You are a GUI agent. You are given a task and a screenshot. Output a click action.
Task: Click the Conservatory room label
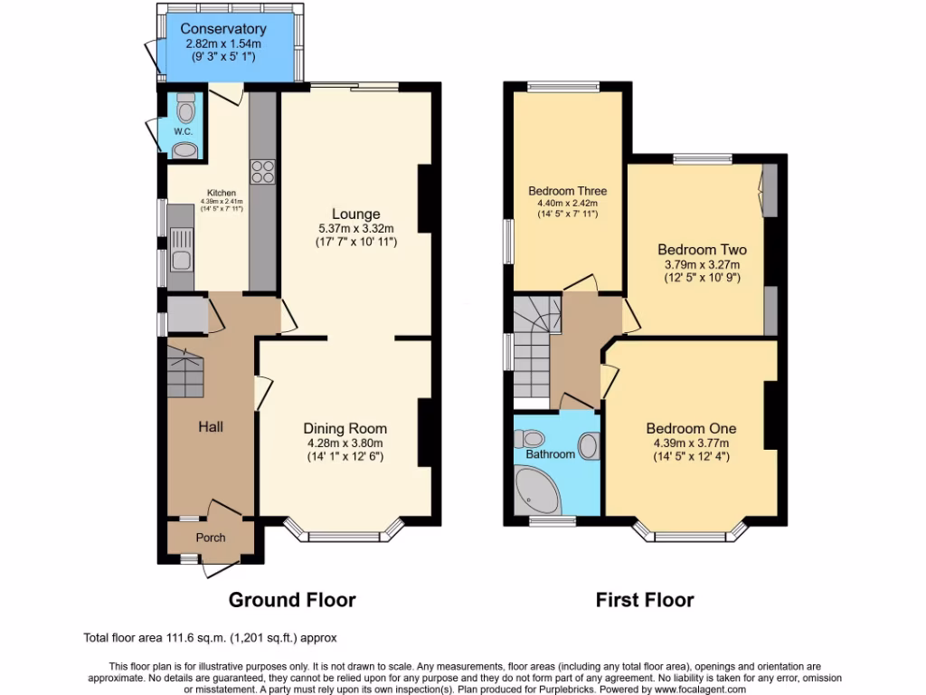[222, 30]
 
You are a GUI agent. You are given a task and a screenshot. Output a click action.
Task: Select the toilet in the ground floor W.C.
[186, 109]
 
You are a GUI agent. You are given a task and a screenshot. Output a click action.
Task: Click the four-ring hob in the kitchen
[262, 171]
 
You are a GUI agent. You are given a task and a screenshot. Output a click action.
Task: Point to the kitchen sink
[181, 249]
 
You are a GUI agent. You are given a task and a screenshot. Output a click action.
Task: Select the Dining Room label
[345, 429]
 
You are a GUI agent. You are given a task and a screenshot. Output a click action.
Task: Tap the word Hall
[211, 426]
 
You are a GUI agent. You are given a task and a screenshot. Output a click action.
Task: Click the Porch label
[211, 538]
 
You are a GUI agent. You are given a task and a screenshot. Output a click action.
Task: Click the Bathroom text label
[550, 453]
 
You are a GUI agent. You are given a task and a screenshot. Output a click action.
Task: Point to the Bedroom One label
[691, 429]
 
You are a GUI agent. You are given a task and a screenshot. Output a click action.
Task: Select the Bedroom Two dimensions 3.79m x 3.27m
[702, 265]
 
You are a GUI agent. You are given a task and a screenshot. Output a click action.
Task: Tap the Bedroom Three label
[567, 191]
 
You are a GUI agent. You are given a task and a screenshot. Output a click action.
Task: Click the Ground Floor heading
[291, 600]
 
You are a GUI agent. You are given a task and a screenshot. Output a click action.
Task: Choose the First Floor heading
[645, 600]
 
